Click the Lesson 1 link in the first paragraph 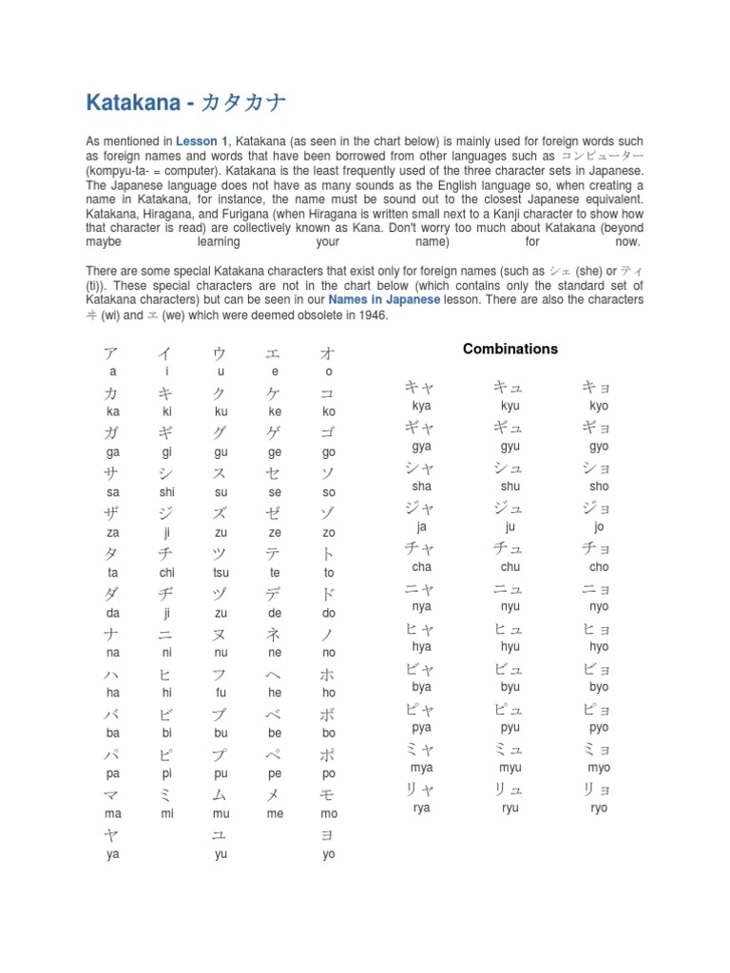click(x=198, y=142)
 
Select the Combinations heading click(x=510, y=349)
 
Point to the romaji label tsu click(x=221, y=573)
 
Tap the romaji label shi click(x=167, y=493)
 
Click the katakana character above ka click(x=113, y=393)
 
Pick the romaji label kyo click(x=599, y=406)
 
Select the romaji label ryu click(x=510, y=808)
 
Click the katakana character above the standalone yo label click(x=329, y=835)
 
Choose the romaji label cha click(x=422, y=567)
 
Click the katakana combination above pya click(x=420, y=709)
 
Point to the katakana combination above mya click(x=420, y=750)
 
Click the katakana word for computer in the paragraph click(x=603, y=157)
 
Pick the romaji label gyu click(x=510, y=447)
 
